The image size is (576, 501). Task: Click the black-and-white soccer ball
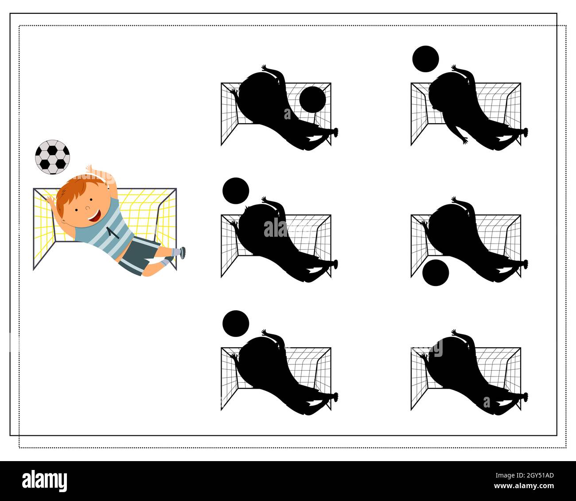pyautogui.click(x=53, y=156)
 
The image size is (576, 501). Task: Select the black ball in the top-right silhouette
pyautogui.click(x=425, y=59)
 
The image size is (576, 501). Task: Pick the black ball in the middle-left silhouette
pyautogui.click(x=236, y=191)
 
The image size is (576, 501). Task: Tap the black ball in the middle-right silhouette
pyautogui.click(x=436, y=272)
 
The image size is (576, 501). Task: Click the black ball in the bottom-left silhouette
pyautogui.click(x=236, y=323)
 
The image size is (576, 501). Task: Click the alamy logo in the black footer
pyautogui.click(x=45, y=481)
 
